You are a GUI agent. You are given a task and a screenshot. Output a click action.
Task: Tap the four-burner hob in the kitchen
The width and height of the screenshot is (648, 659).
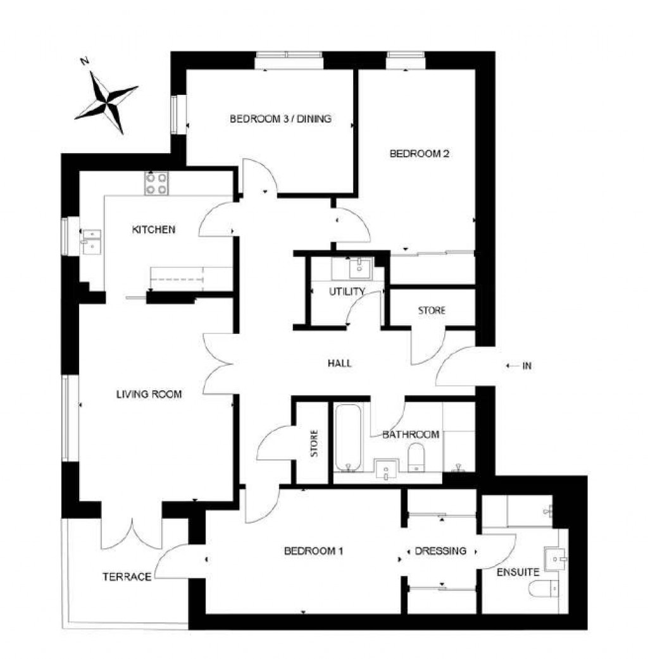156,183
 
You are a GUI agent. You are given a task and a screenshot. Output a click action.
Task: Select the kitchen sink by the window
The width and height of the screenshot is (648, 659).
92,242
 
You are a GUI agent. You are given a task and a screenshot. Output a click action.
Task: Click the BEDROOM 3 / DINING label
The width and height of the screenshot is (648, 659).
280,119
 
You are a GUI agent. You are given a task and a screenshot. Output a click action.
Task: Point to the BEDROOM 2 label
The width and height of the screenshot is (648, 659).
420,154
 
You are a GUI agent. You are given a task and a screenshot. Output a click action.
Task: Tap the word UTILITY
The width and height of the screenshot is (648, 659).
347,292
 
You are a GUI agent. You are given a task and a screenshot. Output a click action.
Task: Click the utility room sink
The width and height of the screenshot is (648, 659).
360,268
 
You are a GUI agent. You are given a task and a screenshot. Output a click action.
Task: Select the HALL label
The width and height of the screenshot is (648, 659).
340,363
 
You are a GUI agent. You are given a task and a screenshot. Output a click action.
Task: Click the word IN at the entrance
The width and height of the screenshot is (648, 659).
527,366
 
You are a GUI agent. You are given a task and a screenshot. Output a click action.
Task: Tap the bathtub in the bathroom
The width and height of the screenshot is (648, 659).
348,438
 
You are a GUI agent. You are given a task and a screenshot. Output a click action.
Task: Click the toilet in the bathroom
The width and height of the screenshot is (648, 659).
416,458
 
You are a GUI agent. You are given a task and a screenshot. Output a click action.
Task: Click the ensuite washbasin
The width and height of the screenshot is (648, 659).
556,559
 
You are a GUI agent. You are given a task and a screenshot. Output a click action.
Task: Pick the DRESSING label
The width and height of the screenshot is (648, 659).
440,551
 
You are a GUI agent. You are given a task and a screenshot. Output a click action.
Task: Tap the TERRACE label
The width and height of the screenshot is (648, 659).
127,577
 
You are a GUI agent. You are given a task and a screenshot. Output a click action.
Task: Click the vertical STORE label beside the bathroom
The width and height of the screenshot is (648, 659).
314,443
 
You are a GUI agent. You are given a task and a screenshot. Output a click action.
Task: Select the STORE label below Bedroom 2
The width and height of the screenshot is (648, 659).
432,311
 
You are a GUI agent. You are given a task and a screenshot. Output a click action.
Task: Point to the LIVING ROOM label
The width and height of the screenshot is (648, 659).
149,394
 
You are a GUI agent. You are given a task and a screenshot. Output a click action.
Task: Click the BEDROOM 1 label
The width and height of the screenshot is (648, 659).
314,551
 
